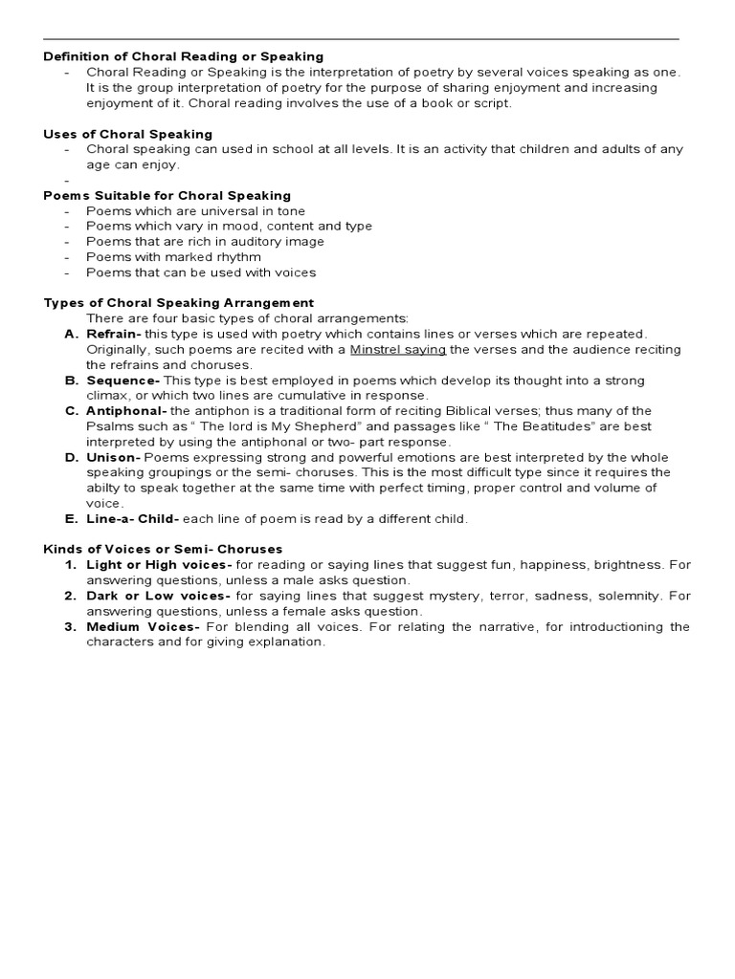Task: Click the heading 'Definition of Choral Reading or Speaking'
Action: (184, 56)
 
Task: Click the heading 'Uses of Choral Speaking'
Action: (128, 134)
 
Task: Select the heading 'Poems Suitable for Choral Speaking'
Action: (167, 195)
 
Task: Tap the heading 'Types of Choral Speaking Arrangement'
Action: (179, 302)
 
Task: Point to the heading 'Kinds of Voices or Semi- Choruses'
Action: (163, 549)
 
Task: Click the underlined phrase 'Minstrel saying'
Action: (398, 349)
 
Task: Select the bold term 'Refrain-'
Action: (114, 334)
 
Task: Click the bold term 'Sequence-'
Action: (123, 381)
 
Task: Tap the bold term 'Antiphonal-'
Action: (127, 411)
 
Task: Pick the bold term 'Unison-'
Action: (114, 457)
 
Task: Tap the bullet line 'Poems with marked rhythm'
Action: (173, 256)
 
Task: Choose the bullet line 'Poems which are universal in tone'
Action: (195, 210)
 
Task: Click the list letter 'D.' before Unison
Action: (71, 457)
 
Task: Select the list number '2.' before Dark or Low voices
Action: (71, 596)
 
